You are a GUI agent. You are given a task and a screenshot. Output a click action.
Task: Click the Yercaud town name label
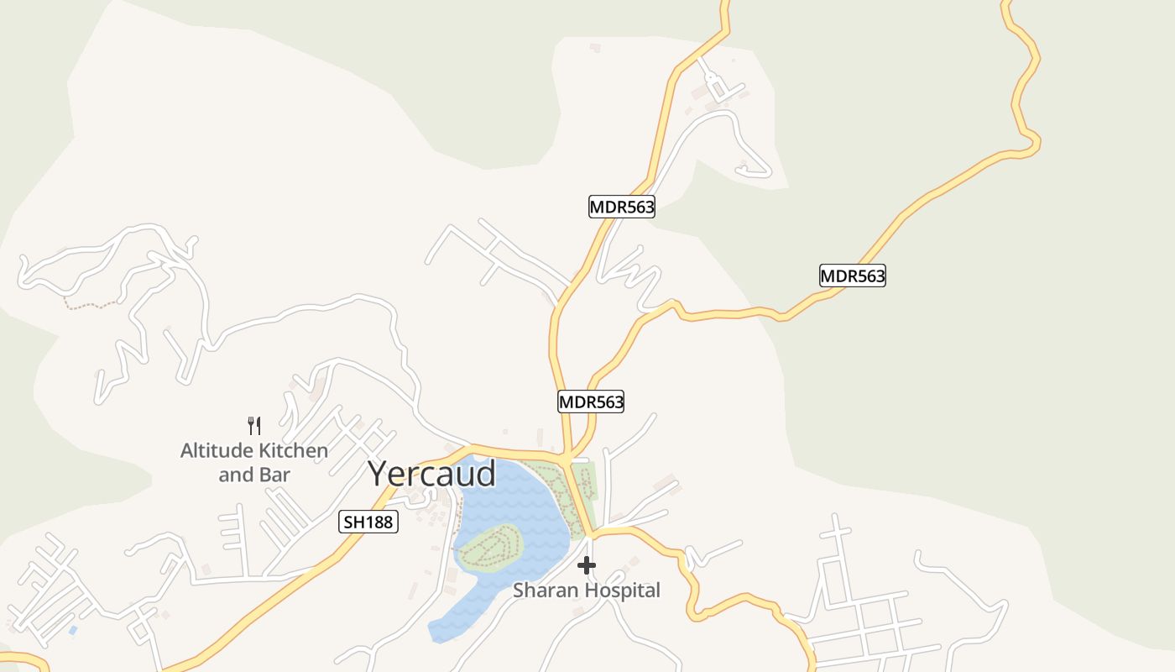click(432, 474)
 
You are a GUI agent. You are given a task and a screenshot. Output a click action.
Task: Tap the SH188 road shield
click(368, 522)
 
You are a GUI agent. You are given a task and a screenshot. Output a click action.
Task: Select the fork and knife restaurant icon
click(254, 426)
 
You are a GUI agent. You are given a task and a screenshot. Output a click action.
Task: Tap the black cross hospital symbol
click(587, 565)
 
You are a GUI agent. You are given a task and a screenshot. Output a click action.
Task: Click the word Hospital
click(622, 591)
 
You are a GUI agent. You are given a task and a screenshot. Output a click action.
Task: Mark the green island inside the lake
click(489, 548)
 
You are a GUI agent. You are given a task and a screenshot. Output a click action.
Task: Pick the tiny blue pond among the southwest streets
click(73, 629)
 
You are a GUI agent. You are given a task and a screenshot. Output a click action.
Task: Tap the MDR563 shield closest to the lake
click(592, 402)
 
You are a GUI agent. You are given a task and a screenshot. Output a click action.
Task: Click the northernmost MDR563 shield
click(622, 207)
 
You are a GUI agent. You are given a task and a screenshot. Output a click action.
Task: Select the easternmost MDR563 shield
click(853, 276)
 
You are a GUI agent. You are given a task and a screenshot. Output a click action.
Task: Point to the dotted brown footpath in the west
click(92, 304)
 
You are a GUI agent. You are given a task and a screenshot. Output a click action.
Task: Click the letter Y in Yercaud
click(380, 474)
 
